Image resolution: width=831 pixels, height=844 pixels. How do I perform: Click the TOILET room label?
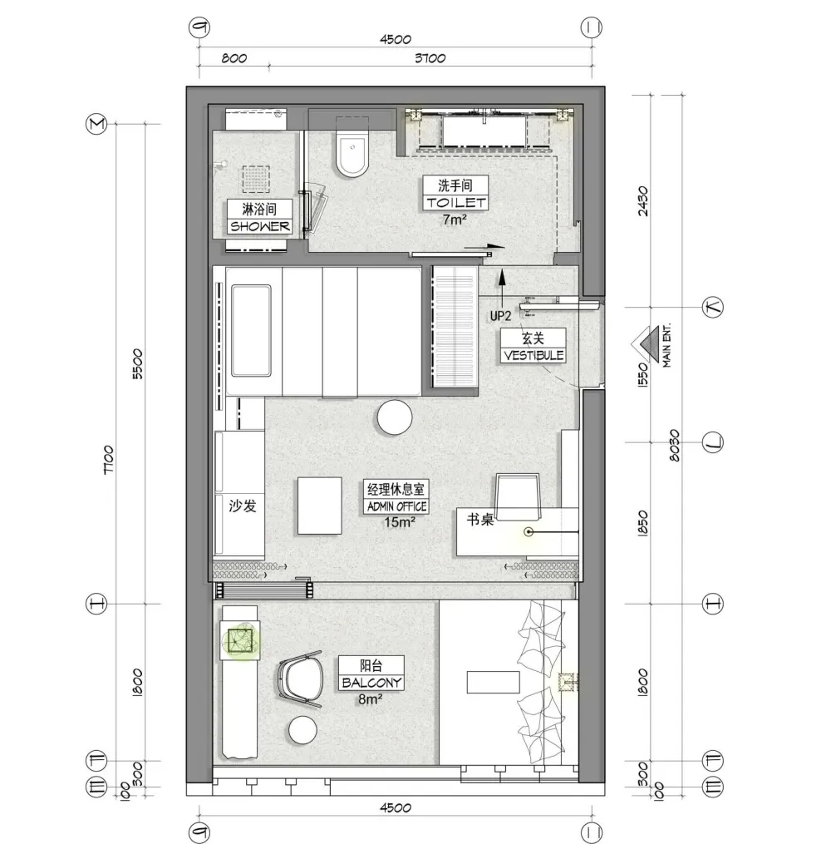[x=455, y=202]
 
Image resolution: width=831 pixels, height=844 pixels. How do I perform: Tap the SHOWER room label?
[x=260, y=227]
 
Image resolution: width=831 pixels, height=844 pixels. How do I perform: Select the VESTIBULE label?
[x=534, y=355]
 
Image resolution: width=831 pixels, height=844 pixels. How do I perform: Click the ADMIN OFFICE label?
[x=396, y=506]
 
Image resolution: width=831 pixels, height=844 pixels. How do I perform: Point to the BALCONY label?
[x=371, y=683]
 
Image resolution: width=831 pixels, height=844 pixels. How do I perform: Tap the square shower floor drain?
[x=255, y=179]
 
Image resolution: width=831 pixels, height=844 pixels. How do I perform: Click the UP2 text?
[x=500, y=316]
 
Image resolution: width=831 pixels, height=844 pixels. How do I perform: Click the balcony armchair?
[x=300, y=679]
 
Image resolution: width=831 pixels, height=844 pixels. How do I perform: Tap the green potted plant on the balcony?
[x=240, y=642]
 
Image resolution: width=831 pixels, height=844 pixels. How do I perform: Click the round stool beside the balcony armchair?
[x=302, y=730]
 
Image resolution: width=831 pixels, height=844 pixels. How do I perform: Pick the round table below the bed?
[x=394, y=417]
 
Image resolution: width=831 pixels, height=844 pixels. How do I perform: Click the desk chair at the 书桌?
[x=518, y=496]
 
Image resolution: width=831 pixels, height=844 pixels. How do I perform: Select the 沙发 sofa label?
[x=242, y=506]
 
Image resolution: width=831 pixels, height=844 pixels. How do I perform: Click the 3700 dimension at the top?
[x=430, y=57]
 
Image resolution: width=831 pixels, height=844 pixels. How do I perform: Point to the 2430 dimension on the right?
[x=642, y=200]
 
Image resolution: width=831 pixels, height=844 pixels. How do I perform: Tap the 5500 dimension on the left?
[x=138, y=364]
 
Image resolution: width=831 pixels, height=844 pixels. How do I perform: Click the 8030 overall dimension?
[x=674, y=445]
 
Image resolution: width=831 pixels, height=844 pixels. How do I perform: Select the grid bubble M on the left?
[x=97, y=125]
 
